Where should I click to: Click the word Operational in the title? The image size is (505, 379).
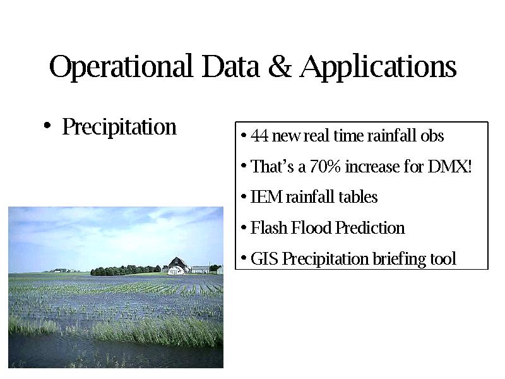pos(121,67)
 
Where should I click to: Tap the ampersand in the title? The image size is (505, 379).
pos(279,66)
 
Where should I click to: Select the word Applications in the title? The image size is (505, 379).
pos(378,67)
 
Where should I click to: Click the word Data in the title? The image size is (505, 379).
pos(230,66)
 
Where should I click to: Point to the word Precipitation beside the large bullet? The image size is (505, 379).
pos(119,127)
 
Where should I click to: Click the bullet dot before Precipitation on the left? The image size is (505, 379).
pos(47,125)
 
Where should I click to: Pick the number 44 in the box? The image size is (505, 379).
pos(259,136)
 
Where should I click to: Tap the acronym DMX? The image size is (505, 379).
pos(448,167)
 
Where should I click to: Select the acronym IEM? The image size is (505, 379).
pos(266,197)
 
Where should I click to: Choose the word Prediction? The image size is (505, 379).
pos(370,228)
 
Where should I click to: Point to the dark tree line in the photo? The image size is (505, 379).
pos(126,270)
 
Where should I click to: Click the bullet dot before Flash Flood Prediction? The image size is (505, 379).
pos(244,227)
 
